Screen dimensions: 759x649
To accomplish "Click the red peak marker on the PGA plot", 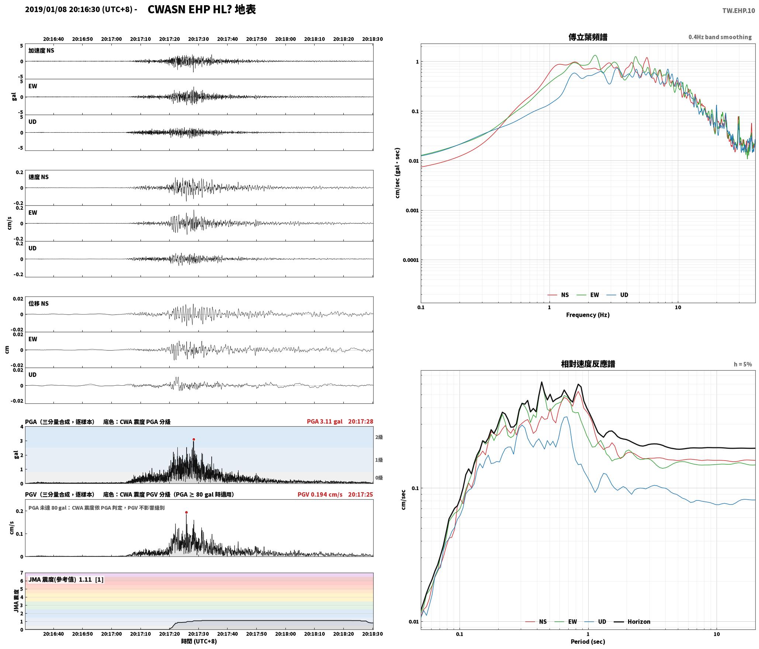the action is tap(194, 439).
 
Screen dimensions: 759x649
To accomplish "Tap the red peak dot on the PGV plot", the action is tap(186, 512).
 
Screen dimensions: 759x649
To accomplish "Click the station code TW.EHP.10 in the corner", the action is tap(738, 11).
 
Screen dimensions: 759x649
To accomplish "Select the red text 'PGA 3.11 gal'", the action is tap(325, 421).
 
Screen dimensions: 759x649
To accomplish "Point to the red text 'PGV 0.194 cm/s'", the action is tap(320, 494).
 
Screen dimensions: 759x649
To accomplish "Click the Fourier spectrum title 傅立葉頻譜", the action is tap(588, 37).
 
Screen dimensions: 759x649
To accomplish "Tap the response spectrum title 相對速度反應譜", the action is tap(588, 364).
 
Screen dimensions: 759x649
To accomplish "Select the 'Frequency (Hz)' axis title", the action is tap(588, 315).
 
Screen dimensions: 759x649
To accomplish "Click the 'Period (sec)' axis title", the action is tap(588, 642).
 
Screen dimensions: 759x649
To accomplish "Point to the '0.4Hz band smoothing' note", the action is tap(720, 37).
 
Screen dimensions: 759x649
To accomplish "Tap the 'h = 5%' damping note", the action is tap(743, 364).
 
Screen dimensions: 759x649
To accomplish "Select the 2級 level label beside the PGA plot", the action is tap(379, 437).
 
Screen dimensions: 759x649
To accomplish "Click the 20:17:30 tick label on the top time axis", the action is tap(198, 39).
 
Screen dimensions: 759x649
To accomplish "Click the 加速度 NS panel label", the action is tap(41, 51).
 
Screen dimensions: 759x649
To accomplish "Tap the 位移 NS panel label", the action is tap(39, 303).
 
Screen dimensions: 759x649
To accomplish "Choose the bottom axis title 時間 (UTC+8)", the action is tap(199, 641).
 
